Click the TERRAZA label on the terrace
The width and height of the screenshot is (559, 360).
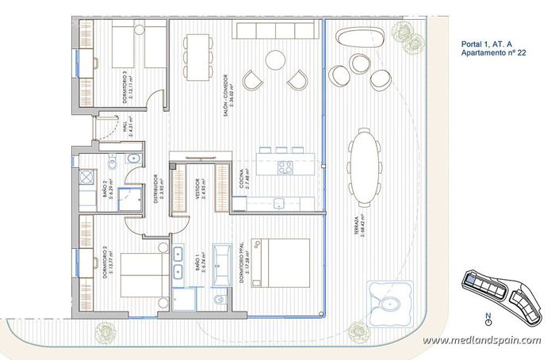[x=361, y=228]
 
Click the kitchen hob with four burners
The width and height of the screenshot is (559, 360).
[x=285, y=167]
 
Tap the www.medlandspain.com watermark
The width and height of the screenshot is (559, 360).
[x=481, y=340]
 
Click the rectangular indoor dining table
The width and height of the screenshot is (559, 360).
[x=196, y=52]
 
